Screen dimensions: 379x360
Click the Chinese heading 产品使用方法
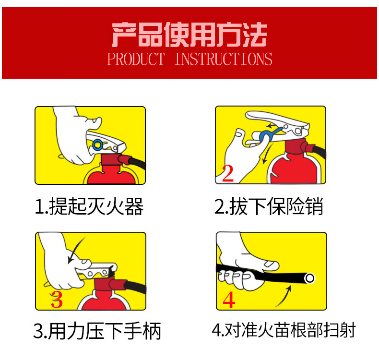(x=189, y=35)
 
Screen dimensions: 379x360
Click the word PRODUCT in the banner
(x=136, y=59)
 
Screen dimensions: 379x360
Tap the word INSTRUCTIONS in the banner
(x=224, y=59)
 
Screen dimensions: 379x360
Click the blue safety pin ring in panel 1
(x=97, y=145)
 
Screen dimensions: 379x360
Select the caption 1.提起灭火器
(x=89, y=206)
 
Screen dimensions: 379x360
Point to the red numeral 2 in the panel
(x=228, y=173)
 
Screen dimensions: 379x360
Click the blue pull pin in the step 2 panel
(x=270, y=134)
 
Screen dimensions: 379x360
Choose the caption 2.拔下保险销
(x=269, y=206)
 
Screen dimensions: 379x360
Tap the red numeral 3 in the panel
(x=57, y=300)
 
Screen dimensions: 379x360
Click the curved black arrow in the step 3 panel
(x=75, y=250)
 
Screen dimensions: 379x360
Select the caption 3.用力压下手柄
(x=97, y=331)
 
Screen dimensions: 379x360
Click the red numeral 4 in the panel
(x=229, y=300)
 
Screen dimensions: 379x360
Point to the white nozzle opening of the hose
(x=309, y=278)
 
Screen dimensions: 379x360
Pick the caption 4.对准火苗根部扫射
(x=284, y=330)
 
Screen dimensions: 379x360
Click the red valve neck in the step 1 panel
(x=111, y=160)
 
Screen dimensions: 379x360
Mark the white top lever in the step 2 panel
(x=277, y=121)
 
